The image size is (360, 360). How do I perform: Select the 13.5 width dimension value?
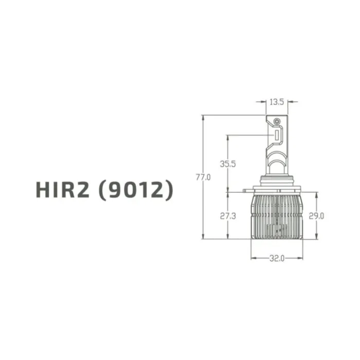277,102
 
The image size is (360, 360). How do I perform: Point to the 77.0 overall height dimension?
204,177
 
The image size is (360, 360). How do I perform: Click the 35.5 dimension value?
227,164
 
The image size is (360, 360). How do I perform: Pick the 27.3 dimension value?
227,216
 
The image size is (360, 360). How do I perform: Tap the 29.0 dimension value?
316,216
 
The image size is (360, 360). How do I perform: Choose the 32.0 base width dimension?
277,258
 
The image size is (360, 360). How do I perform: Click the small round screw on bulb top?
277,120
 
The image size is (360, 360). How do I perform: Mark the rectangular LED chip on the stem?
277,135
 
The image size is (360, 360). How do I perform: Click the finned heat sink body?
277,216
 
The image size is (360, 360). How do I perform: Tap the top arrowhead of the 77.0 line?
204,117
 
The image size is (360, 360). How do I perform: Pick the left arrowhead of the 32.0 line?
253,258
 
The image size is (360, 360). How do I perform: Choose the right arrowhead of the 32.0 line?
301,258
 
